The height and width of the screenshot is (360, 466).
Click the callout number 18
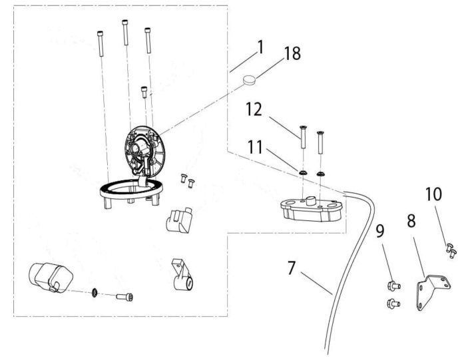292,53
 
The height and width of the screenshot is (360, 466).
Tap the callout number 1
261,47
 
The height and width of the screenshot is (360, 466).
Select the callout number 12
254,109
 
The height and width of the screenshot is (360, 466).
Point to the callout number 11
255,147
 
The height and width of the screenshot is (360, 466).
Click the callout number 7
292,268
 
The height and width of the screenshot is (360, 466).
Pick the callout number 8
411,221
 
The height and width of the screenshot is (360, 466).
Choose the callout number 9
380,231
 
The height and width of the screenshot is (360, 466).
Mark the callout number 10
433,194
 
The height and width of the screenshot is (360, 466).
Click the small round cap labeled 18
250,80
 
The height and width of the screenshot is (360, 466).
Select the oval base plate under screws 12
312,210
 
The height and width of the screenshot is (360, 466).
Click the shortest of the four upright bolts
144,92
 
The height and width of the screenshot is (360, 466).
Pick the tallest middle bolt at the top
125,33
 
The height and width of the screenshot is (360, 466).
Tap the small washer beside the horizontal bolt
95,293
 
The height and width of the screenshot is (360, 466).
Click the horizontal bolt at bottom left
124,297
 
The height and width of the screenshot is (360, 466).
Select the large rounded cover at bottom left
50,277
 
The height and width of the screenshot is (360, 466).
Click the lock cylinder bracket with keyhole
182,275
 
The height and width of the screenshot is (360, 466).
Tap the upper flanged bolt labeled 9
394,286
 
